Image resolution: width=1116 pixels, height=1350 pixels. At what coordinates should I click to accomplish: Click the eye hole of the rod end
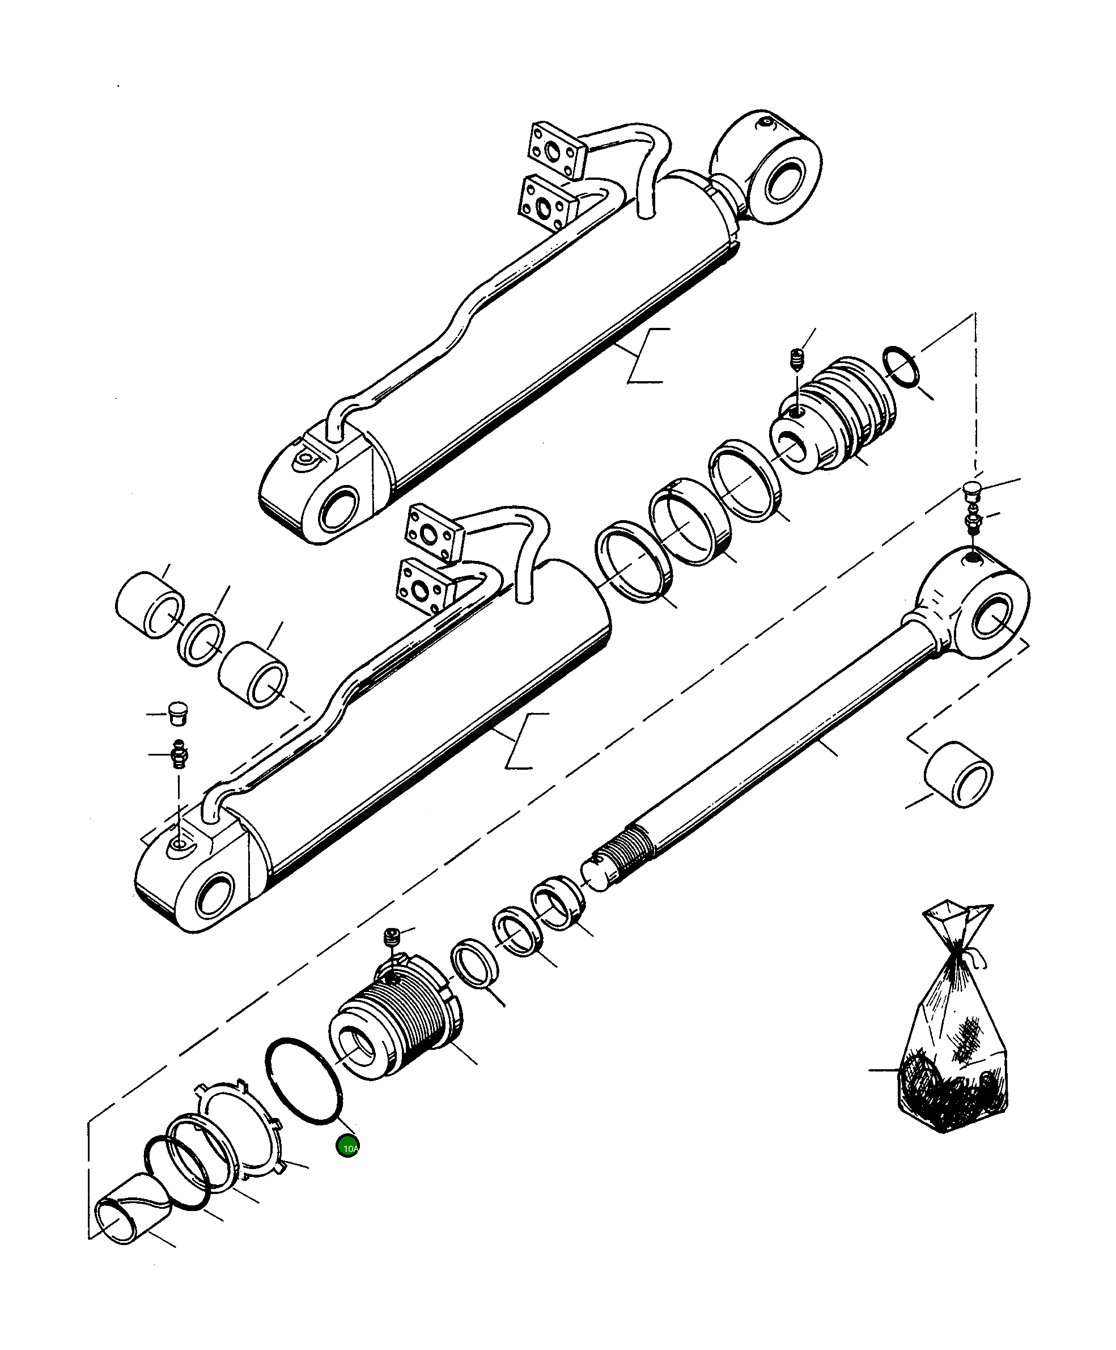click(992, 617)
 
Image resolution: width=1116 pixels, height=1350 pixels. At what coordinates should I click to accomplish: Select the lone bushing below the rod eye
click(957, 775)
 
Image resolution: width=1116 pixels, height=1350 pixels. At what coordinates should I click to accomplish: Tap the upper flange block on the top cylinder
click(557, 151)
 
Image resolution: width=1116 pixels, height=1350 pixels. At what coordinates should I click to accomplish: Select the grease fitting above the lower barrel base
click(179, 753)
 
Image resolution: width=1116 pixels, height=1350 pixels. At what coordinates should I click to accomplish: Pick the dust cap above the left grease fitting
click(177, 712)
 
